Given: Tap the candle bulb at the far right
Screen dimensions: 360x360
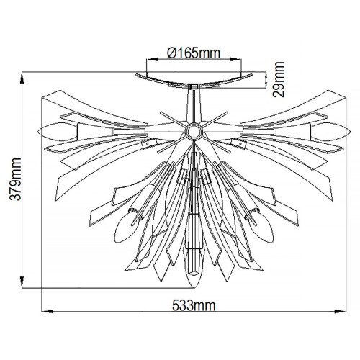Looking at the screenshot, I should [x=333, y=132].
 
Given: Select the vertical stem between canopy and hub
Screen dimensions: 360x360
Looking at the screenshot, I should [x=193, y=104].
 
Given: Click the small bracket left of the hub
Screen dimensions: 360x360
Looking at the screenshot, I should [x=146, y=145].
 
